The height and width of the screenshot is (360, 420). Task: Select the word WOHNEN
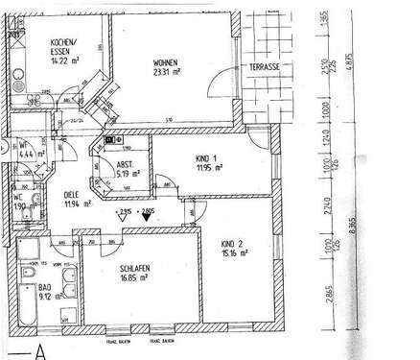pos(167,57)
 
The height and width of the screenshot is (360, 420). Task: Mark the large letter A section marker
pos(41,349)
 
